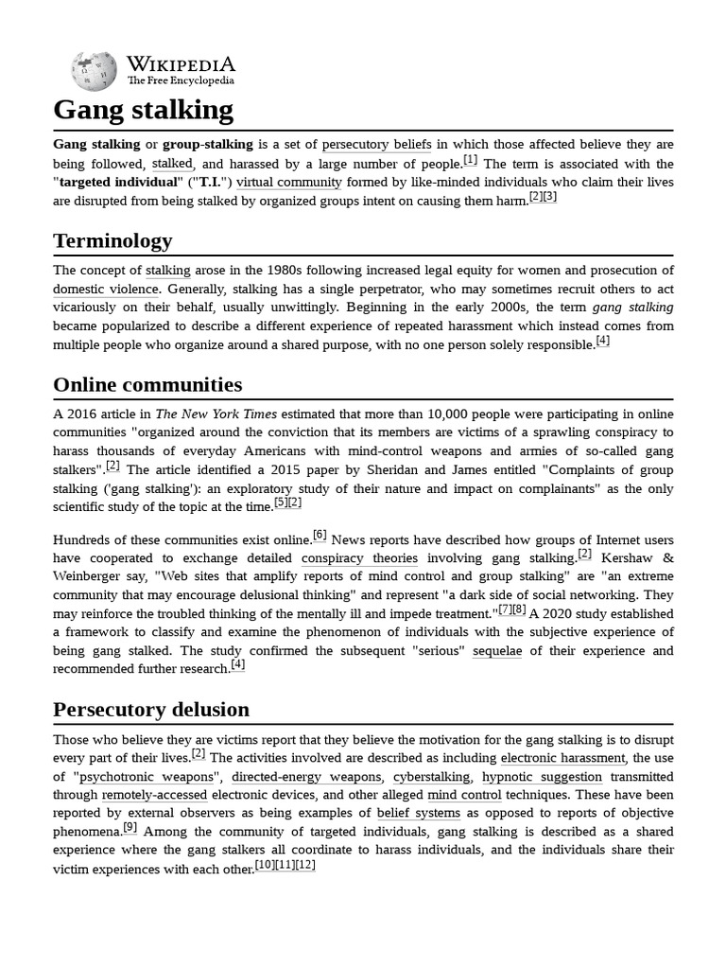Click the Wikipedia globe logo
[x=94, y=71]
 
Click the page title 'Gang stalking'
[x=143, y=111]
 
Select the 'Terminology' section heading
[x=112, y=240]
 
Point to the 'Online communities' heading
[x=147, y=384]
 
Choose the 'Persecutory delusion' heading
[x=151, y=709]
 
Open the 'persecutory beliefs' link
[x=376, y=145]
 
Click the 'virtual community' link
[x=288, y=182]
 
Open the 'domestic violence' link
[x=107, y=290]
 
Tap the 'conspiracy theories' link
[x=359, y=558]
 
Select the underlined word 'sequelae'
[x=497, y=651]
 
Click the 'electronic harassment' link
[x=562, y=758]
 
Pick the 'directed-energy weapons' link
[x=306, y=777]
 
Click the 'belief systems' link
[x=419, y=813]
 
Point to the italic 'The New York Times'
[x=216, y=414]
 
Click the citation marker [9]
[x=130, y=827]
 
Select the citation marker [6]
[x=319, y=536]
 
